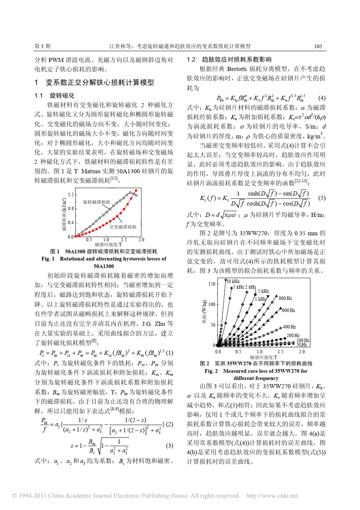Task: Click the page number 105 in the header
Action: click(318, 46)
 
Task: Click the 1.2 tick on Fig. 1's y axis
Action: click(71, 195)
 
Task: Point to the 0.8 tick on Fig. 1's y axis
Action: click(71, 209)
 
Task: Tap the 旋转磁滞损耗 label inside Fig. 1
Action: click(96, 202)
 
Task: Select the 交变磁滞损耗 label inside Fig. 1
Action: click(123, 227)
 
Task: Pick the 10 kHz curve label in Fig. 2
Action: click(233, 281)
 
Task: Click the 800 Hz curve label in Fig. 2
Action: click(285, 298)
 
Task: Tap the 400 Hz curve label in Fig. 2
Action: click(289, 327)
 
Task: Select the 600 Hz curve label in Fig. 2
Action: click(288, 311)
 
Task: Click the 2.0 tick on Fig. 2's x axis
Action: click(302, 352)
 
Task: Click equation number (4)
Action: click(322, 98)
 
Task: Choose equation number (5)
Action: click(322, 198)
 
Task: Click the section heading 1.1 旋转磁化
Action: click(55, 96)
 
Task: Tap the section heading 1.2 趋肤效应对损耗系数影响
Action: click(229, 60)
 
